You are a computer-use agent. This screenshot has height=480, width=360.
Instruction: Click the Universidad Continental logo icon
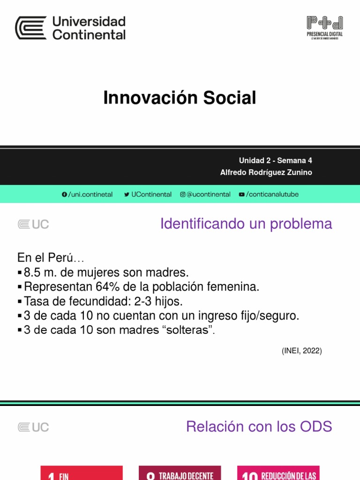point(31,28)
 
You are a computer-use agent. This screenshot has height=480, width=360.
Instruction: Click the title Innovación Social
point(180,98)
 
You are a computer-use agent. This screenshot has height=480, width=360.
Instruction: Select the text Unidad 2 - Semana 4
point(275,160)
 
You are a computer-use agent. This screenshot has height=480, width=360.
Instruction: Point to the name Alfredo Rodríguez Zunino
point(266,172)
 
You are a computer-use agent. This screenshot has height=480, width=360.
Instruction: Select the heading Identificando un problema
point(246,224)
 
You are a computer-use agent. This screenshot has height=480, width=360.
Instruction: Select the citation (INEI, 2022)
point(301,351)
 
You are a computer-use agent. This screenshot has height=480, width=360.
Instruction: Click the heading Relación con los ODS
point(259,427)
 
